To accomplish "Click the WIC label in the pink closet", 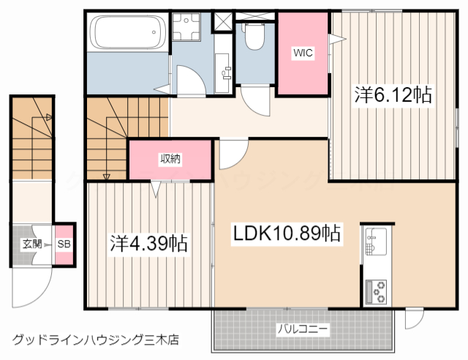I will (303, 53).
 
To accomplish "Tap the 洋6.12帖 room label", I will (393, 95).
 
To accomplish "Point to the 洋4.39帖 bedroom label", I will (149, 242).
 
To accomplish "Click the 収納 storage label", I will (170, 158).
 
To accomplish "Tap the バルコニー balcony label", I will (302, 329).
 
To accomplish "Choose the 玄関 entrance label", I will (31, 244).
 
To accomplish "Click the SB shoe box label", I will (64, 244).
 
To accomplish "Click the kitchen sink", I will (376, 241).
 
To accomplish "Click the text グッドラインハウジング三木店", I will (95, 340).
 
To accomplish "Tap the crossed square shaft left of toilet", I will (223, 20).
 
